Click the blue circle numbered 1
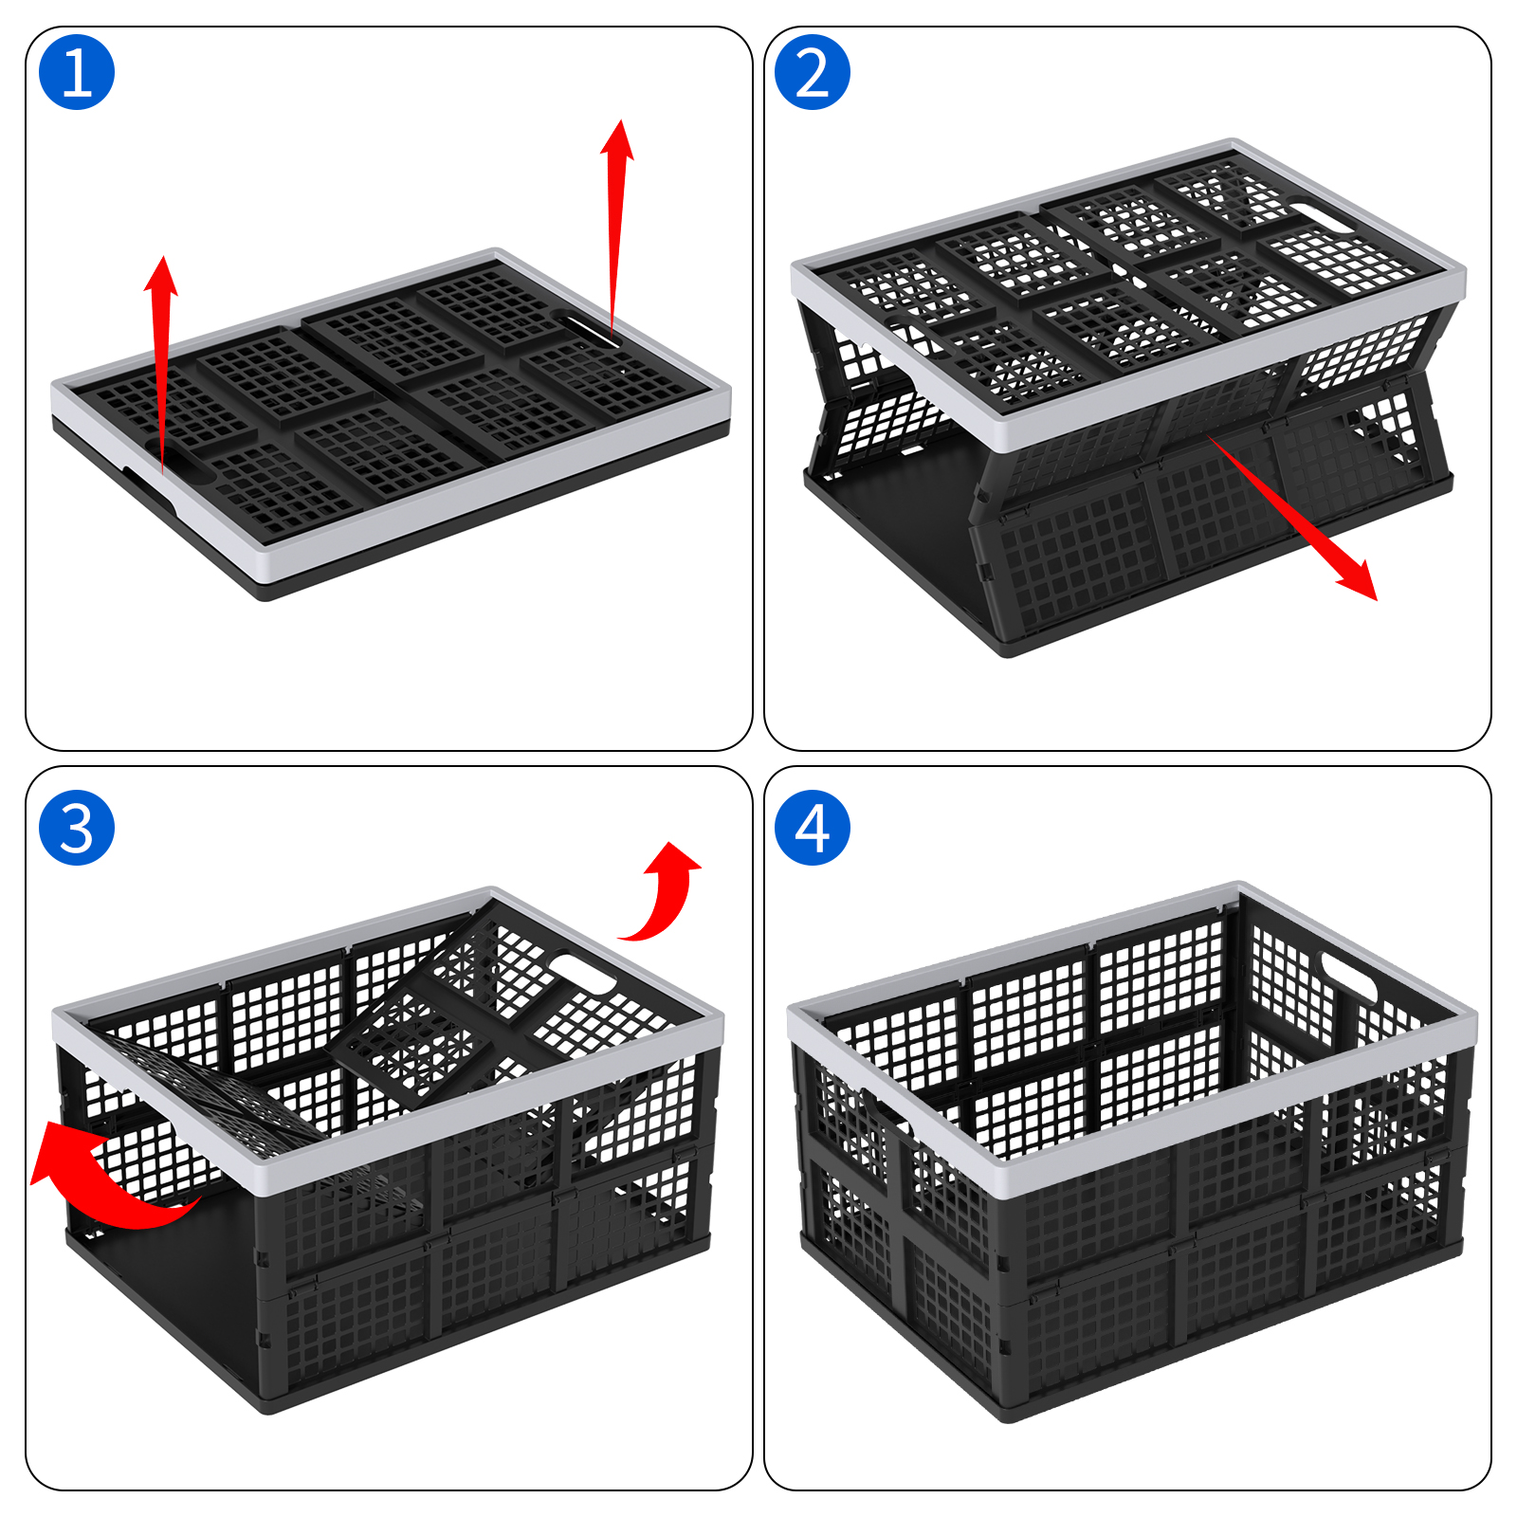pyautogui.click(x=77, y=72)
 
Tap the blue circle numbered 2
pyautogui.click(x=813, y=72)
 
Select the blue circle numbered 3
pyautogui.click(x=77, y=828)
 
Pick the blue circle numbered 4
pyautogui.click(x=813, y=828)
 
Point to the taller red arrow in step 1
pyautogui.click(x=616, y=228)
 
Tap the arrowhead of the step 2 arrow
pyautogui.click(x=1356, y=578)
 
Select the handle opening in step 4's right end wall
pyautogui.click(x=1348, y=975)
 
